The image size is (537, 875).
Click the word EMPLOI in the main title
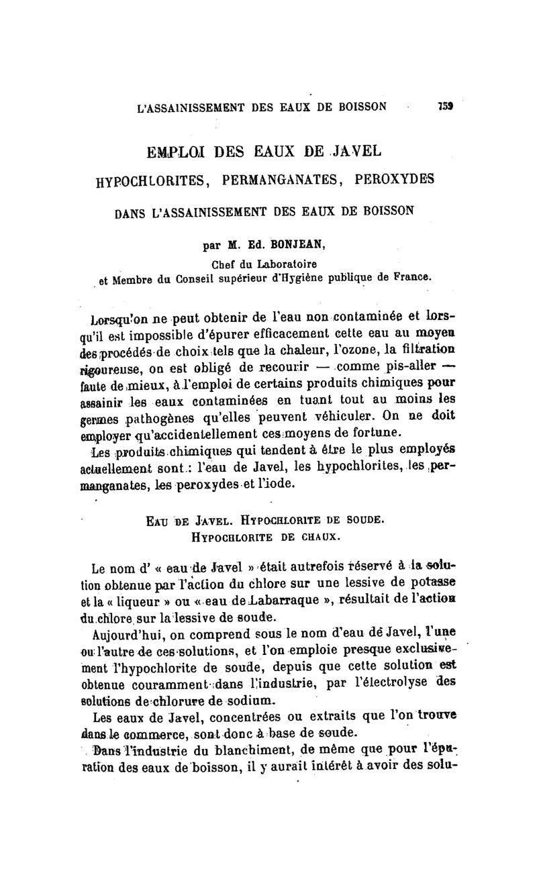coord(184,150)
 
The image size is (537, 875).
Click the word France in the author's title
coord(407,276)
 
